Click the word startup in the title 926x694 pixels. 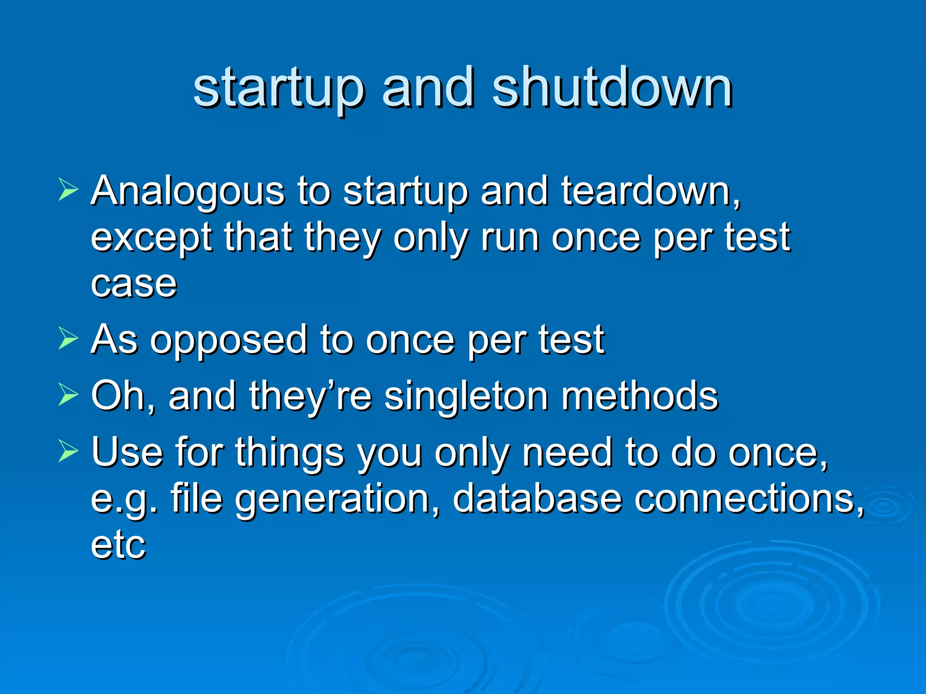coord(278,88)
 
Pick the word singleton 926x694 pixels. coord(466,397)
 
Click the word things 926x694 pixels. coord(289,453)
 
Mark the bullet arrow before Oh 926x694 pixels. coord(68,394)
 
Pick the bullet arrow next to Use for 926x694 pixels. coord(68,451)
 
